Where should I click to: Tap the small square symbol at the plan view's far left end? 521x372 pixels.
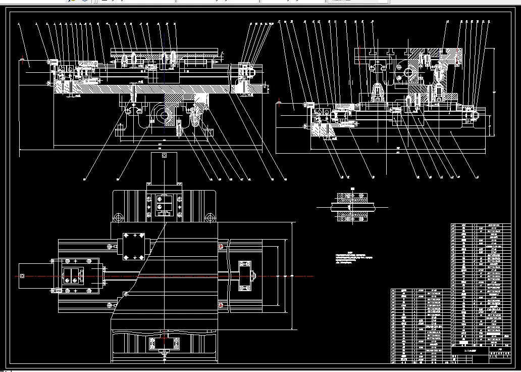(x=22, y=275)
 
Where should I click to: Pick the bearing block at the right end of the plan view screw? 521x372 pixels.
(x=245, y=276)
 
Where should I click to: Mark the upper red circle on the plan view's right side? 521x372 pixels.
(x=220, y=246)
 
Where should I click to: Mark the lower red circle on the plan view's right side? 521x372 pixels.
(x=220, y=305)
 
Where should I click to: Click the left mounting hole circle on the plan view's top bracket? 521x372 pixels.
(x=119, y=217)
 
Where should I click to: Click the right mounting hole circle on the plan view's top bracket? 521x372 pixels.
(x=209, y=217)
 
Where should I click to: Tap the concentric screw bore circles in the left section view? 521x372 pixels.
(x=164, y=115)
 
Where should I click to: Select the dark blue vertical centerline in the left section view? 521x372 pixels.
(x=164, y=76)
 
